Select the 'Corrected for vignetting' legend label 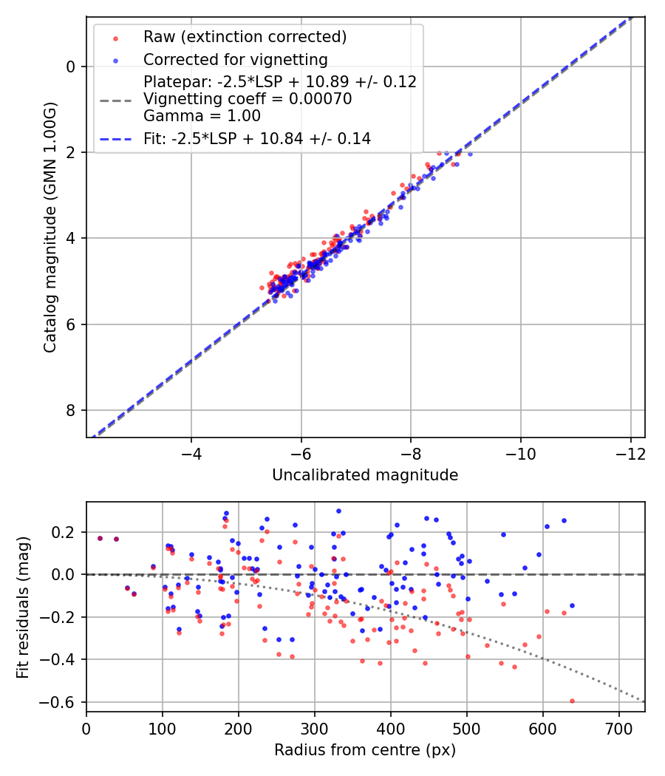[x=235, y=59]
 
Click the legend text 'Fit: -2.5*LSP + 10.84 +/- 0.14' [x=256, y=138]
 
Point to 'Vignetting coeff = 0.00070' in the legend [x=248, y=99]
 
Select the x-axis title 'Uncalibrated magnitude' [x=365, y=475]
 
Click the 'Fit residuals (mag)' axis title [x=23, y=607]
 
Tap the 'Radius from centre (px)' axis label [x=365, y=750]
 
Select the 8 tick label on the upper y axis [x=71, y=410]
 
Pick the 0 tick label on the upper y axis [x=71, y=67]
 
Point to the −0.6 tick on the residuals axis [x=62, y=701]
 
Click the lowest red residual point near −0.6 [x=572, y=701]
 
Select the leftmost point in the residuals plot [x=100, y=538]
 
